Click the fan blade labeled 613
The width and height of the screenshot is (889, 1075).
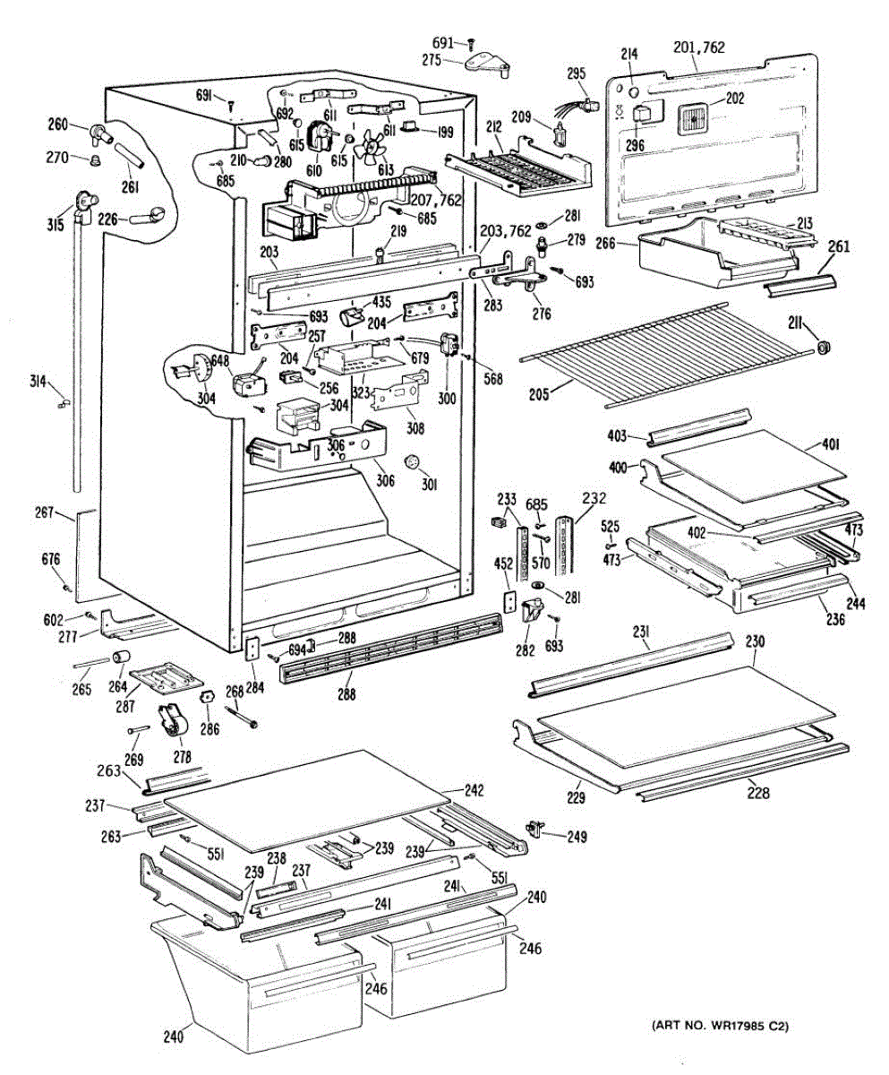point(368,147)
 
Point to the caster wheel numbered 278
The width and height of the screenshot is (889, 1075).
point(170,722)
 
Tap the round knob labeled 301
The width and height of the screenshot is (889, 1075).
point(413,462)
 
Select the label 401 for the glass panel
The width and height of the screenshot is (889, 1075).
point(830,443)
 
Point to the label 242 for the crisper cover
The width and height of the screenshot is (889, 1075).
point(474,790)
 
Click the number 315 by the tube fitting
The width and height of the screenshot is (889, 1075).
point(56,224)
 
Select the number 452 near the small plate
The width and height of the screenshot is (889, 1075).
point(504,563)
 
